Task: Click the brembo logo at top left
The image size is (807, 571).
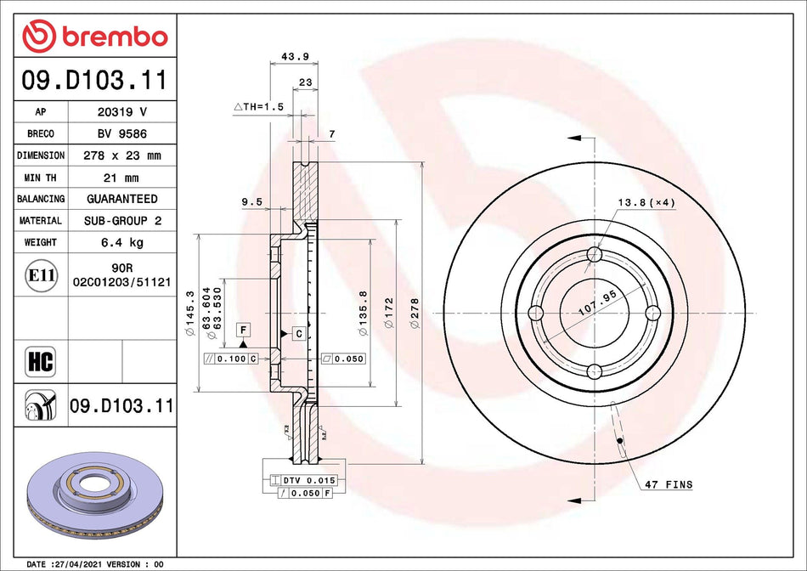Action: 95,36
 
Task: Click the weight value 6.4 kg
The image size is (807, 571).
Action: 121,242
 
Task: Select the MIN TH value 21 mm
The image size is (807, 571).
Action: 121,178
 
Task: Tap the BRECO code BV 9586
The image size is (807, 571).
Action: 121,134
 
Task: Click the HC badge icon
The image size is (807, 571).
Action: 40,360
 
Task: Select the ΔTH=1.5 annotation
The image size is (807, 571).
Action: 258,107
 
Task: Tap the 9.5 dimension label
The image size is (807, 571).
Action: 251,202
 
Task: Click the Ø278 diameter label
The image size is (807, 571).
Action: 415,314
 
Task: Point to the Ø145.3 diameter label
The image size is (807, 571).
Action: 190,314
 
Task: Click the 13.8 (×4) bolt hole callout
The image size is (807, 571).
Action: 646,203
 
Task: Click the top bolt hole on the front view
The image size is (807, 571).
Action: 595,255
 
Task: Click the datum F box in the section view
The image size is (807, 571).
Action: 243,329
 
